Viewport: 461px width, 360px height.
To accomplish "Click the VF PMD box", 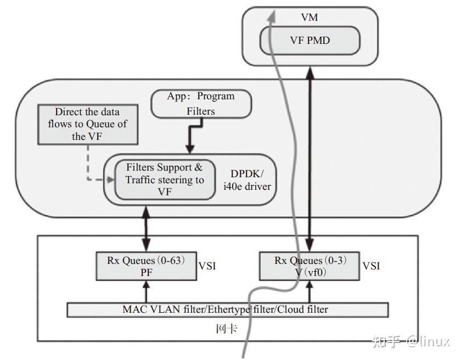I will coord(310,40).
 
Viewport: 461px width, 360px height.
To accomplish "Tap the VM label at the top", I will coord(310,18).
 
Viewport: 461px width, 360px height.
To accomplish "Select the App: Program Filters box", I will coord(200,103).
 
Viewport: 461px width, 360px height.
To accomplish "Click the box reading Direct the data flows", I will coord(87,125).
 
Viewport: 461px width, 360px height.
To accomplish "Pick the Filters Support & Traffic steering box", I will coord(165,179).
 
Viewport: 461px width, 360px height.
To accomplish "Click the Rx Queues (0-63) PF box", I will coord(145,266).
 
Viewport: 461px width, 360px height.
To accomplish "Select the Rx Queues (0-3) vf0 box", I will coord(310,266).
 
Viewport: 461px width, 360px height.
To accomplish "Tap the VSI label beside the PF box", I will coord(207,266).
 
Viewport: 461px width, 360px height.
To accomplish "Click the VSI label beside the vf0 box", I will coord(371,266).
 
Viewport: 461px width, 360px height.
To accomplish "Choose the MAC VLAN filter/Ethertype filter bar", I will coord(227,310).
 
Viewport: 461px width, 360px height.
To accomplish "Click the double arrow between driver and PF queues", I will coord(146,228).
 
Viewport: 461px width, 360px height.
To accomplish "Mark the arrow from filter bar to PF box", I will coord(146,291).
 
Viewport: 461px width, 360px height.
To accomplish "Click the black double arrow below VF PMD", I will coord(311,154).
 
